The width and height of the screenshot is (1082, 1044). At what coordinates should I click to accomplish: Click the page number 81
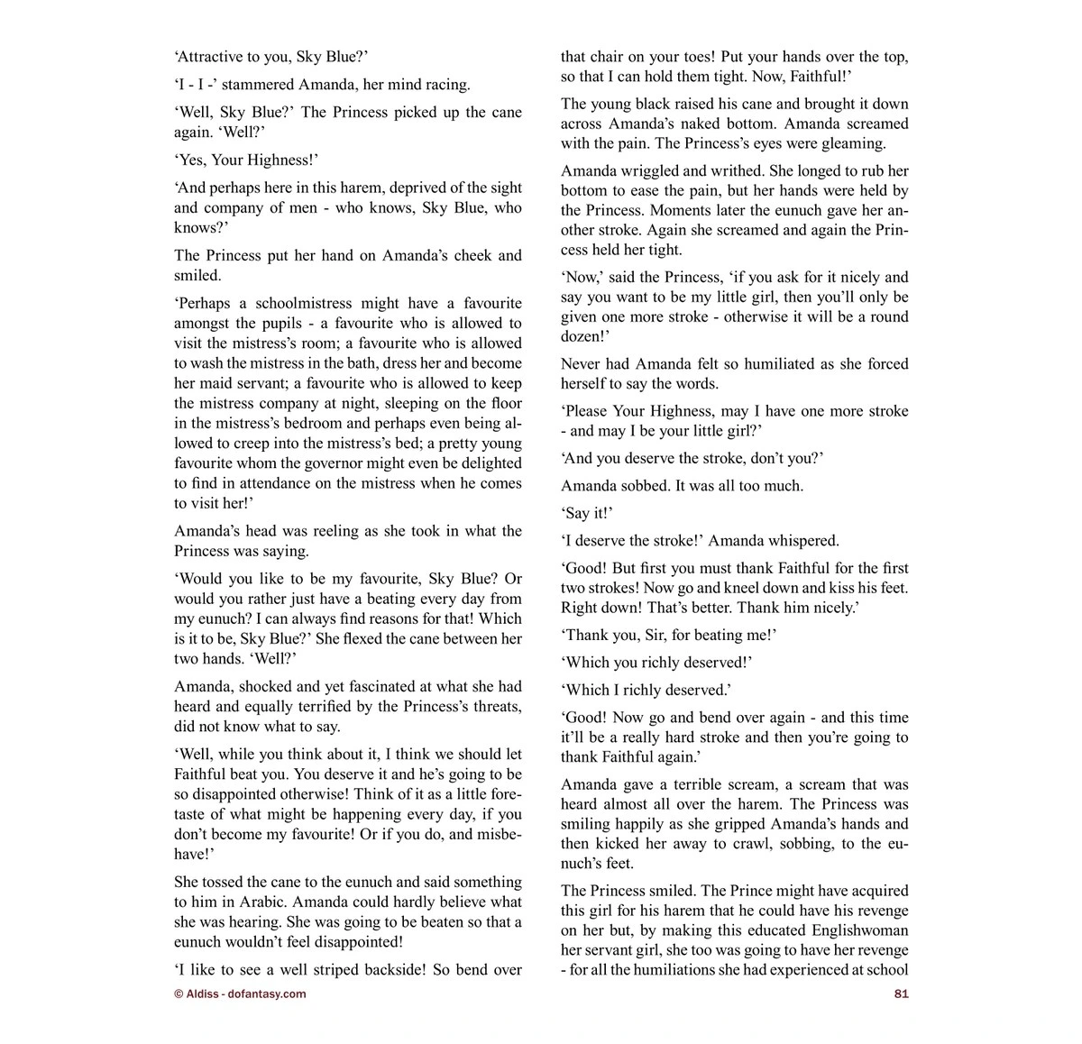[x=901, y=994]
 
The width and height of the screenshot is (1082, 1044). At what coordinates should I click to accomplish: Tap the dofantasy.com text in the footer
[x=267, y=994]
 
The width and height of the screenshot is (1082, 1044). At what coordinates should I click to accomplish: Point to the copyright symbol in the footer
[x=179, y=994]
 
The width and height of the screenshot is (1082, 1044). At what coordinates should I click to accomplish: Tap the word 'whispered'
[x=805, y=540]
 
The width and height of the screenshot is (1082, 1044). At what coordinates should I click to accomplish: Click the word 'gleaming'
[x=854, y=143]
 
